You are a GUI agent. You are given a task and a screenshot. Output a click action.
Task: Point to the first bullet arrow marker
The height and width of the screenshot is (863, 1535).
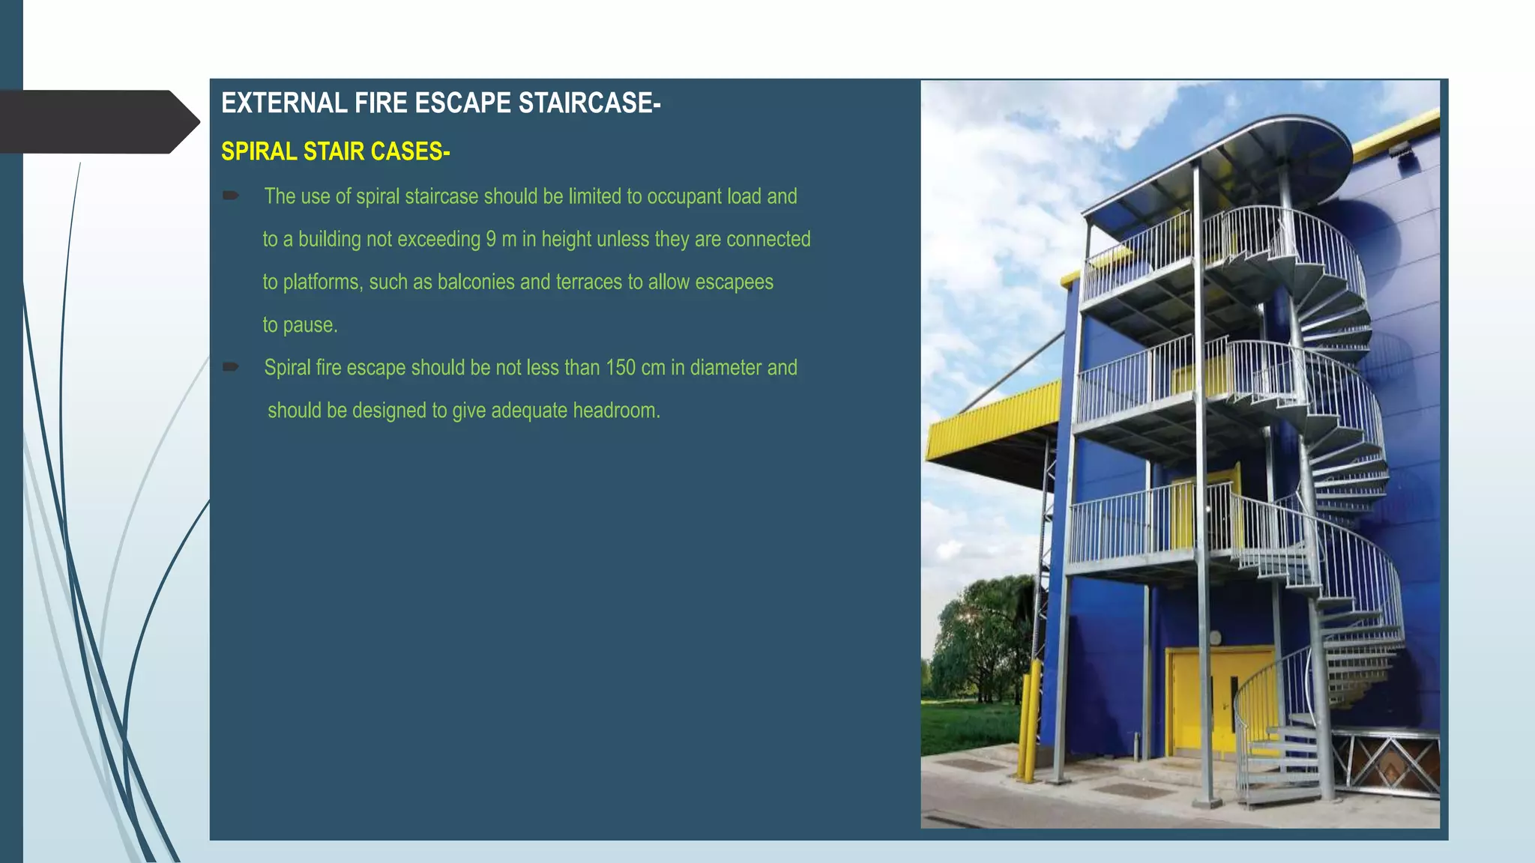231,196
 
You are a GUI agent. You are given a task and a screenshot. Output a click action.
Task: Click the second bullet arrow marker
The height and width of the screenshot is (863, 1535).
231,367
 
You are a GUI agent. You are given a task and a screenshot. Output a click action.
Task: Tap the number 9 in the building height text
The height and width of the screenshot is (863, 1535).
491,239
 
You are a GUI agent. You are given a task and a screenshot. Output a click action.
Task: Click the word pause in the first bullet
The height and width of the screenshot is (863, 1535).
308,325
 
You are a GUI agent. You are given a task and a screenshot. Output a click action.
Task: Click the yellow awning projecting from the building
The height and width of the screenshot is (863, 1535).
989,427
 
